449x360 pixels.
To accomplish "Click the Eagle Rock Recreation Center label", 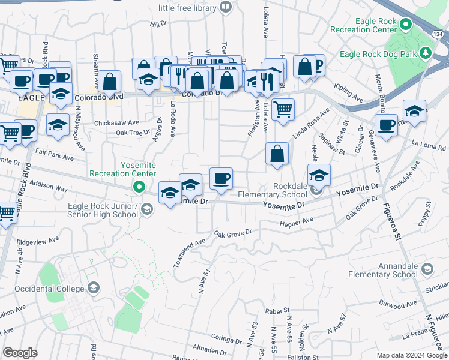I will click(x=368, y=25).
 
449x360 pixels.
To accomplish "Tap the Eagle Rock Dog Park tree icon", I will click(x=427, y=53).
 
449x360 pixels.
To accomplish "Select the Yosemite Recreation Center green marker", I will click(x=139, y=188).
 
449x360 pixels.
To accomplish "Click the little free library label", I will click(x=187, y=8).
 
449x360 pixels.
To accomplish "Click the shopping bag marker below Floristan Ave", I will click(x=276, y=154).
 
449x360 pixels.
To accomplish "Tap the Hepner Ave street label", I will click(x=297, y=223).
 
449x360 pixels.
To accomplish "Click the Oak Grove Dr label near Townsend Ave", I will click(x=232, y=232).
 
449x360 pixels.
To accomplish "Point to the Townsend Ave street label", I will click(x=189, y=251).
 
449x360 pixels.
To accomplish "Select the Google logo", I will click(x=20, y=353).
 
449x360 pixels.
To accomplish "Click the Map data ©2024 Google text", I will click(x=412, y=355).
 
